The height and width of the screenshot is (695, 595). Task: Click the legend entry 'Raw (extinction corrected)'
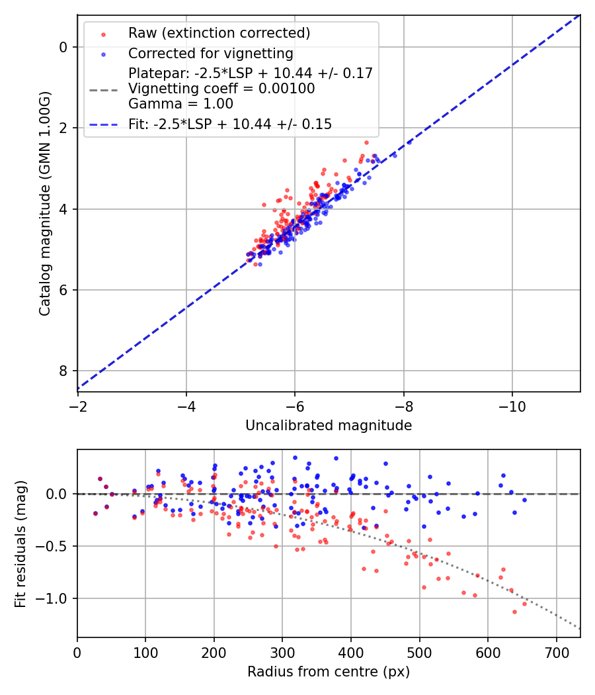(219, 33)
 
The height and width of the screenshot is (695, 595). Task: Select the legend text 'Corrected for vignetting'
(210, 53)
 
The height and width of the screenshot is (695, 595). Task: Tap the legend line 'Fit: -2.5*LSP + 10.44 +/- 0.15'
(230, 124)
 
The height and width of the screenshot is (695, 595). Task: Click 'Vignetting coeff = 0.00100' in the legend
(221, 88)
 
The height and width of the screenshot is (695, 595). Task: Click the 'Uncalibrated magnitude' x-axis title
(329, 426)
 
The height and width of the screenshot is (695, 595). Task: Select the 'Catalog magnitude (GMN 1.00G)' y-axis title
(44, 203)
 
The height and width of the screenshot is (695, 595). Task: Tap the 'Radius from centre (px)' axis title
(329, 672)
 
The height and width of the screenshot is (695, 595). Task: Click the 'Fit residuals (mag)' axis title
(20, 543)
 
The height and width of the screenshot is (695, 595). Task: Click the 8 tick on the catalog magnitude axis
(63, 371)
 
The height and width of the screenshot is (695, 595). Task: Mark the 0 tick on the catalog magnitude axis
(63, 47)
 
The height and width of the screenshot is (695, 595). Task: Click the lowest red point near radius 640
(514, 612)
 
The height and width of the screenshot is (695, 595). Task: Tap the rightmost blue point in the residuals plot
(524, 500)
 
